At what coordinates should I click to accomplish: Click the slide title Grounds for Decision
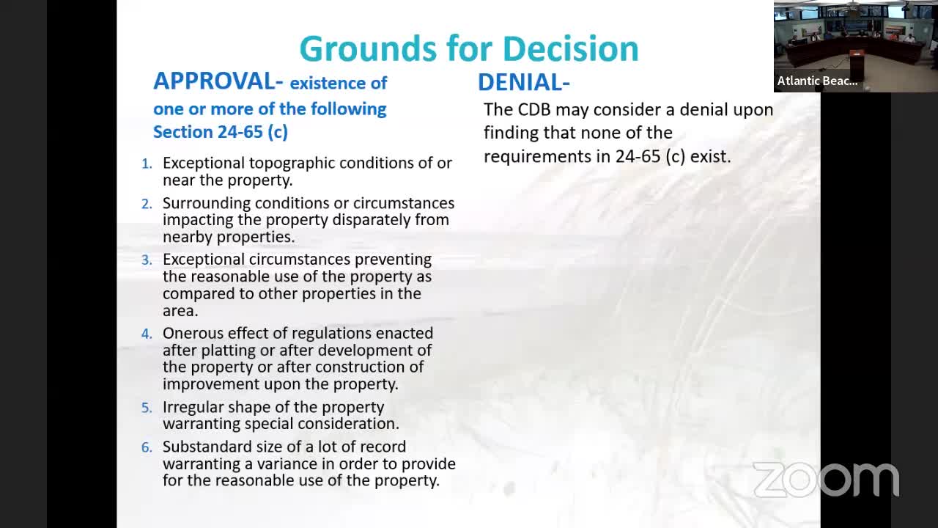click(469, 49)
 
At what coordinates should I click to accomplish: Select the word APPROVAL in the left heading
click(213, 81)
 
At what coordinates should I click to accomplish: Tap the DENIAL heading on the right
click(523, 82)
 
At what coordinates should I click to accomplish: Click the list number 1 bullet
click(147, 164)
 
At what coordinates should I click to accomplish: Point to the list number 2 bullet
click(147, 203)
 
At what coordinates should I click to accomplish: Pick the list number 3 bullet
click(147, 260)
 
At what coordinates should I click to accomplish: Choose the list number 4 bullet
click(147, 334)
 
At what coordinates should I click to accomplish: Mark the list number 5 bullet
click(147, 408)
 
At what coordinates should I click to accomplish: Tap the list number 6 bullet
click(147, 447)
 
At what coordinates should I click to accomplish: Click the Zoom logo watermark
click(826, 480)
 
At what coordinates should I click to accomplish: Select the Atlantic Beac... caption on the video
click(817, 81)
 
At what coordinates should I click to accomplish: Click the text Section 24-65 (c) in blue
click(220, 132)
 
